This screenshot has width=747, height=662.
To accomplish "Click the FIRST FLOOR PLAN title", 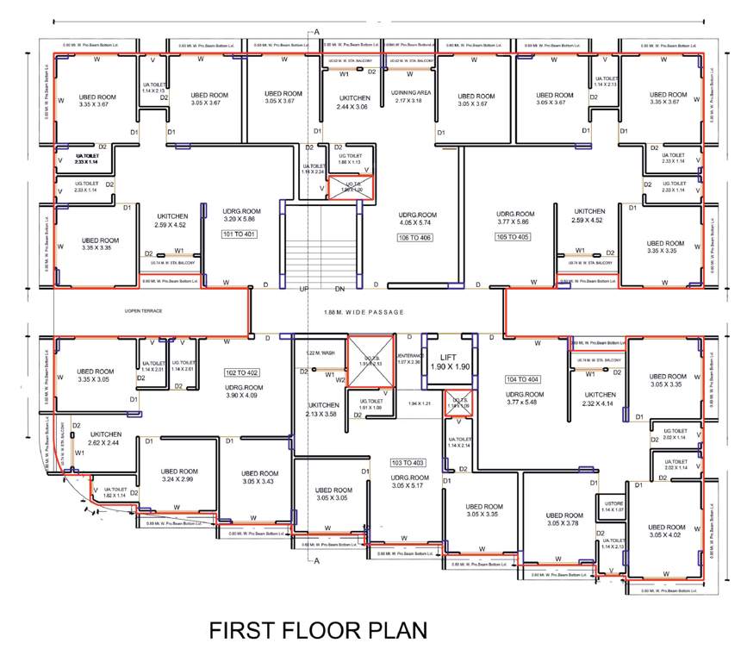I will (318, 629).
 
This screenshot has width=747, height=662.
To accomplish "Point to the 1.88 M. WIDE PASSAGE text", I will (364, 312).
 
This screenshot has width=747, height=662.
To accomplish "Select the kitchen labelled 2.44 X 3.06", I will (352, 106).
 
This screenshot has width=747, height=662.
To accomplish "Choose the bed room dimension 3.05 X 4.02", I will (668, 534).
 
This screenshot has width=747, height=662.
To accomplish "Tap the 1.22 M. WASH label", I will (320, 353).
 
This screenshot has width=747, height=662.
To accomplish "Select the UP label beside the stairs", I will (302, 289).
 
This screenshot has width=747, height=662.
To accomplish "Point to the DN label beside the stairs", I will (339, 289).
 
